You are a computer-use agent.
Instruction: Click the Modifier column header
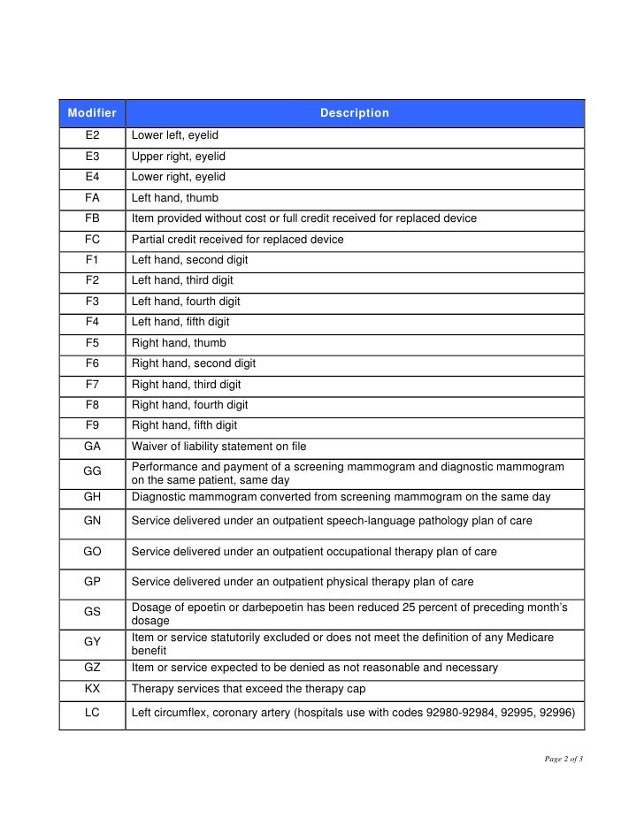pos(92,113)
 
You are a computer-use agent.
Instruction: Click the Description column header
pos(354,113)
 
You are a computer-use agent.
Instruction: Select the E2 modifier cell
pos(92,136)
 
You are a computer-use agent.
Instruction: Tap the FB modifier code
pos(92,218)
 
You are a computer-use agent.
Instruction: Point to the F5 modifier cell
pos(92,343)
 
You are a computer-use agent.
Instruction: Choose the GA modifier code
pos(92,447)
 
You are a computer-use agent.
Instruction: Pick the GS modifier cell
pos(92,612)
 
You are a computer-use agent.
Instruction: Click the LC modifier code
pos(92,712)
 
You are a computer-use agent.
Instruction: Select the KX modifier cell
pos(92,689)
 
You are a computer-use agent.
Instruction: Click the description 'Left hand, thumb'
pos(174,198)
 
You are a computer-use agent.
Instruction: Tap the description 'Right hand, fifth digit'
pos(184,425)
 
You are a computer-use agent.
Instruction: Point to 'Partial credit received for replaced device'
pos(237,240)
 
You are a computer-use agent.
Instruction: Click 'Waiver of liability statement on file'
pos(218,447)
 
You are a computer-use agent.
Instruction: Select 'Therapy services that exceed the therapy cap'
pos(249,689)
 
